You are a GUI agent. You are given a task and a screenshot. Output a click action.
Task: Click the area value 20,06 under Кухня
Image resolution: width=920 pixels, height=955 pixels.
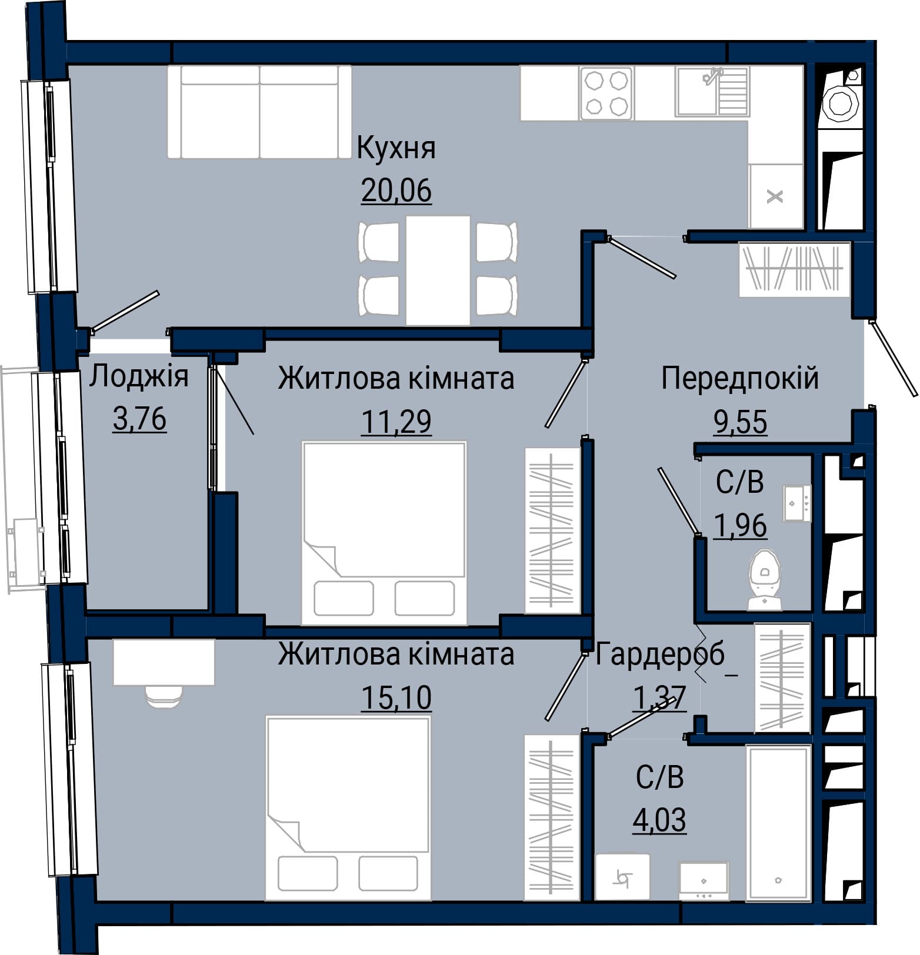coord(396,190)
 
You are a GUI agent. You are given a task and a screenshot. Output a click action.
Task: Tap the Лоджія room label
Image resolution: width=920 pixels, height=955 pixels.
coord(139,377)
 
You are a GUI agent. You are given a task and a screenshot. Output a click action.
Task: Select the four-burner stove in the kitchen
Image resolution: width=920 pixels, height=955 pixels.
coord(606,93)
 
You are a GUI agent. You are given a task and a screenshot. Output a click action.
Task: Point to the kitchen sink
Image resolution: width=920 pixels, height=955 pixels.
coord(712,91)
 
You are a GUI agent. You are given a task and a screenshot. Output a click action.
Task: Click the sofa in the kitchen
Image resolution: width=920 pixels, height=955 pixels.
coord(259,112)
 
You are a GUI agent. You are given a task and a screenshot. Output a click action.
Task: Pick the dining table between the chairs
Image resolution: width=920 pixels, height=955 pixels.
coord(438,271)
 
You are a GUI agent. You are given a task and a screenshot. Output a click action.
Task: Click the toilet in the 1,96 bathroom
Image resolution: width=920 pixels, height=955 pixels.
coord(765,579)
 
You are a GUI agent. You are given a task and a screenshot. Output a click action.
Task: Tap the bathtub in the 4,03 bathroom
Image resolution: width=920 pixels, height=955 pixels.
coord(778,822)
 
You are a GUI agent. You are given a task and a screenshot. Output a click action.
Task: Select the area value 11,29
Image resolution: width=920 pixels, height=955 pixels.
coord(396,421)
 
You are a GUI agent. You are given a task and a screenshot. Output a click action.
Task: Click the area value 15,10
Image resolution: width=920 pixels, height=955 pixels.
coord(396,697)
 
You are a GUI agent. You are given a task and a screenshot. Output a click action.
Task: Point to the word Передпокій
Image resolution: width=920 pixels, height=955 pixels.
coord(740,378)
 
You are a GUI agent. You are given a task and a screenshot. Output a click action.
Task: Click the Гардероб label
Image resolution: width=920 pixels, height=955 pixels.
coord(660,655)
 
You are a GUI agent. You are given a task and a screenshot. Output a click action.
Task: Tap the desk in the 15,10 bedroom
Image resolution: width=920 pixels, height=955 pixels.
coord(164,662)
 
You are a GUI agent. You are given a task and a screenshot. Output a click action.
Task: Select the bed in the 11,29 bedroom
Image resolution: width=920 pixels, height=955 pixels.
coord(384,533)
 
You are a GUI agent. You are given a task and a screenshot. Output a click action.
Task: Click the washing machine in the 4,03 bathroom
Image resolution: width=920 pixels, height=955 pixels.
coord(622,877)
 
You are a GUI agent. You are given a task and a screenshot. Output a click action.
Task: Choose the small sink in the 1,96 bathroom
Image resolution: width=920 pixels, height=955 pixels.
coord(797,503)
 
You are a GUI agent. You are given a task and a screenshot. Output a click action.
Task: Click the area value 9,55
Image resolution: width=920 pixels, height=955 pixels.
coord(740,422)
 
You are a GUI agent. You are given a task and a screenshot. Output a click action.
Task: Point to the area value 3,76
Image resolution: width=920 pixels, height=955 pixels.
coord(139,419)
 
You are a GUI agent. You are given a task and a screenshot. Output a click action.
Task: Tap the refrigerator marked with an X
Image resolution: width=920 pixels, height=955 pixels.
coord(776,196)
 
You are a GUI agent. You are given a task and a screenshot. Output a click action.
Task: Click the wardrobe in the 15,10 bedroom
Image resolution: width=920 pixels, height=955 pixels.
coord(552,817)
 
